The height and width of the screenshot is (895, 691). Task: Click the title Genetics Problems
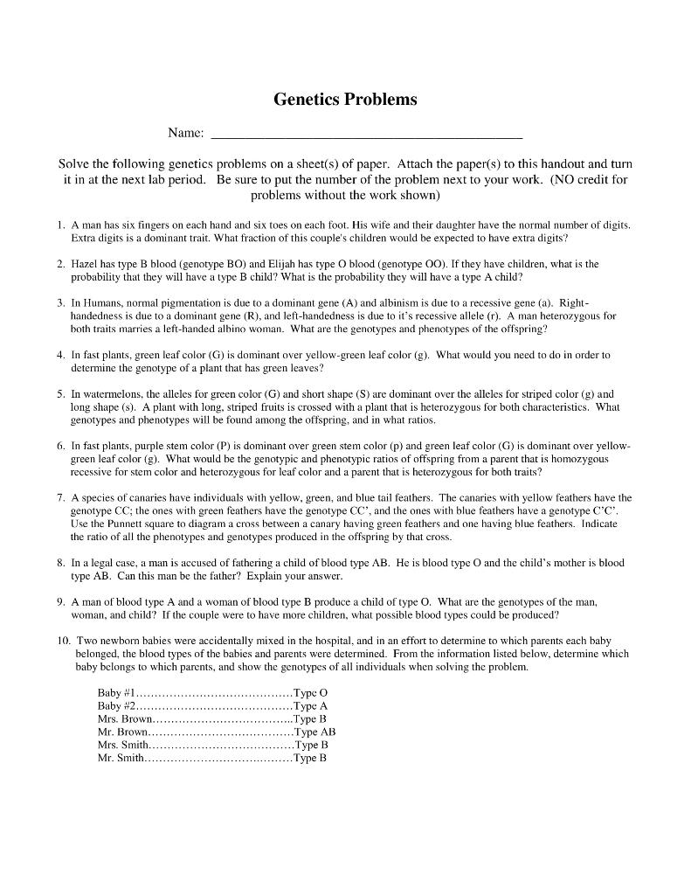(345, 100)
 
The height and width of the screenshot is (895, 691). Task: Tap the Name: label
(185, 133)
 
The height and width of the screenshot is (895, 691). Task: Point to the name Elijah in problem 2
(279, 263)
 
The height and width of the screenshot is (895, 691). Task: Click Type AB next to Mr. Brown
(314, 732)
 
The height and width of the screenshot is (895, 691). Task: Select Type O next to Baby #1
(311, 693)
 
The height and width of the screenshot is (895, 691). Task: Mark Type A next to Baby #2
(310, 706)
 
